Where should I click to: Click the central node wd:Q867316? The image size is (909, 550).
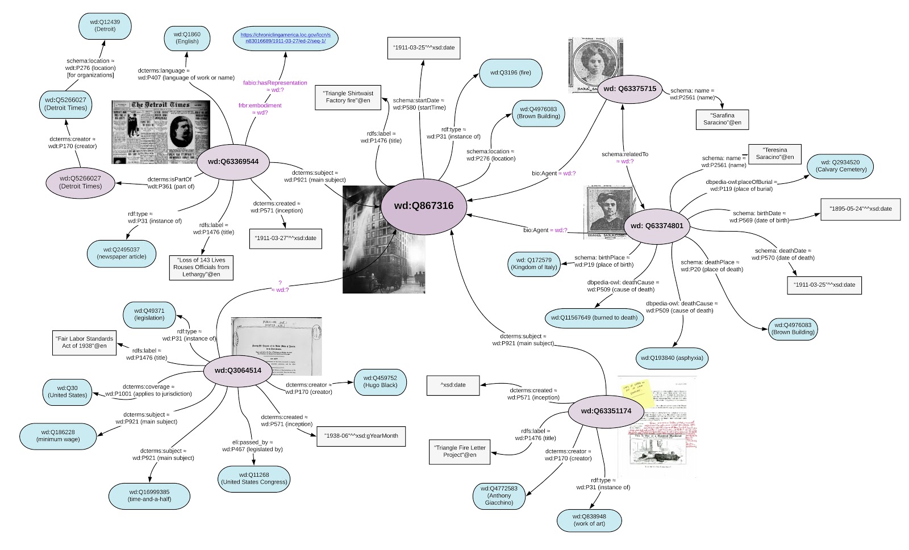(x=423, y=205)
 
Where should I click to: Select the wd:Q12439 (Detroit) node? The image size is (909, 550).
(x=105, y=26)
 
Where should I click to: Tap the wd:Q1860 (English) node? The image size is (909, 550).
(x=187, y=37)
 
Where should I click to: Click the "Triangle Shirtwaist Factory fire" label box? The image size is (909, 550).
(x=348, y=97)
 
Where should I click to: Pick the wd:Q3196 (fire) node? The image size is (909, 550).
(x=509, y=73)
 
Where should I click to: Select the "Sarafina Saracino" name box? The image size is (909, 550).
(x=722, y=119)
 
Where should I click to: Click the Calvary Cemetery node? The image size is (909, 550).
(x=840, y=166)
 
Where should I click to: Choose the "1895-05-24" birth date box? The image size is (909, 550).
(x=861, y=209)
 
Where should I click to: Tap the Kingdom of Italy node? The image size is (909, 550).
(x=534, y=263)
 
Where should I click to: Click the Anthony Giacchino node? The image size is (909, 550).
(x=499, y=496)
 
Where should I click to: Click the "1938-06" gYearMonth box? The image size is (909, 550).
(x=361, y=436)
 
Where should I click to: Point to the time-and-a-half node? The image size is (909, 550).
(x=148, y=496)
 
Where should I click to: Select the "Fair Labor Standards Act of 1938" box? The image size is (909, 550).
(x=84, y=342)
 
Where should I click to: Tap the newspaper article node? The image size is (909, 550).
(x=121, y=253)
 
